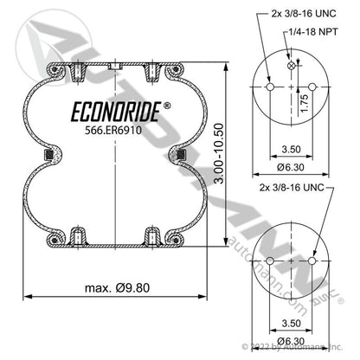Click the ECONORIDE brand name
(116, 112)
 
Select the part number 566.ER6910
(113, 131)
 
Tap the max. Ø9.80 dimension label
(118, 287)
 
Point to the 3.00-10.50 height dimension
(220, 154)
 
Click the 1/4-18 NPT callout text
(313, 32)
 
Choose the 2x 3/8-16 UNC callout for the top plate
(304, 13)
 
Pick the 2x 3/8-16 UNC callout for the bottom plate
(292, 188)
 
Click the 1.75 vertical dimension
(304, 103)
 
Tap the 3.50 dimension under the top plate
(291, 150)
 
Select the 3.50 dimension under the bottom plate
(291, 323)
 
